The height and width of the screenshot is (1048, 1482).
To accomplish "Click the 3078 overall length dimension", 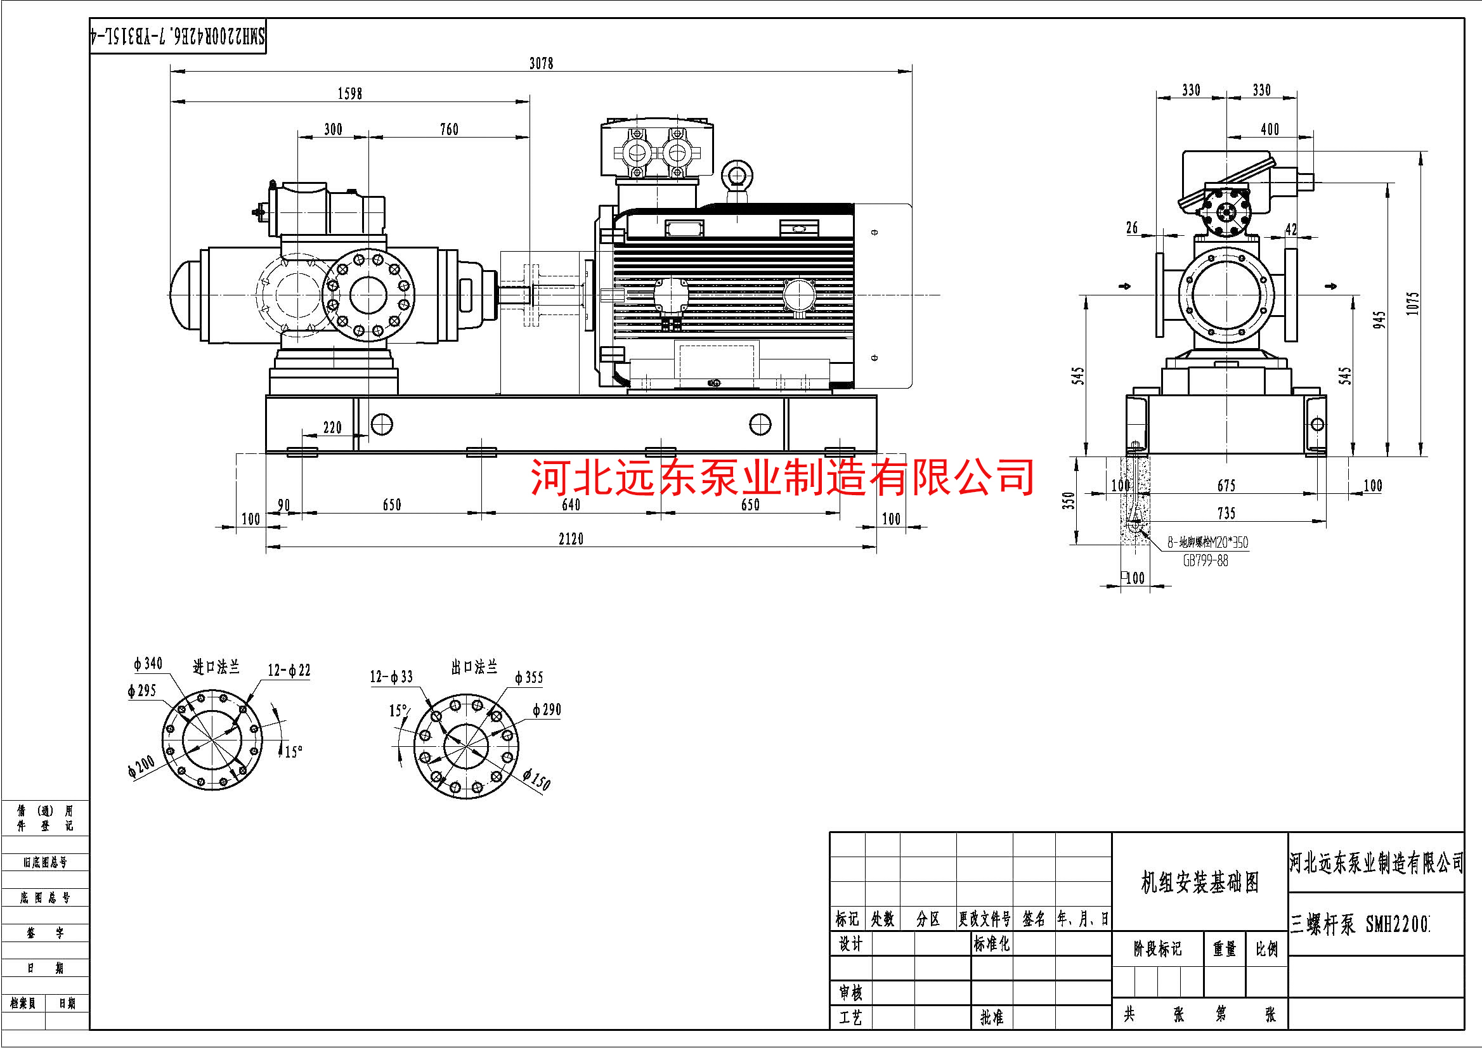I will point(541,63).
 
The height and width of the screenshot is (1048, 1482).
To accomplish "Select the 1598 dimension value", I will point(349,94).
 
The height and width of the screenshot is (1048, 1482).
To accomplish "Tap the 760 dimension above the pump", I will point(448,129).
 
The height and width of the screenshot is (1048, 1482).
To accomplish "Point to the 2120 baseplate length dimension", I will point(571,538).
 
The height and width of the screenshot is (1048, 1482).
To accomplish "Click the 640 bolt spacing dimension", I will point(571,505).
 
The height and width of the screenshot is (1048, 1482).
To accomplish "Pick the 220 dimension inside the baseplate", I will point(332,427).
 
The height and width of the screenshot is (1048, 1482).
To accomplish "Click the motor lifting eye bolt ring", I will point(736,174).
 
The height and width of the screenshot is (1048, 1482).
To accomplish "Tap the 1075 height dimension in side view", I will point(1413,303).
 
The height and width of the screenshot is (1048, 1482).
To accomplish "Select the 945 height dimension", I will point(1379,320).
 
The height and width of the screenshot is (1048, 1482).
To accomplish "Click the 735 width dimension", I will point(1226,513).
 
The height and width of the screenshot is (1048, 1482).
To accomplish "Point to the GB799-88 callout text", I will point(1205,561).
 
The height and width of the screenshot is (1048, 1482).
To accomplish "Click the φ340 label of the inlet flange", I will point(148,663).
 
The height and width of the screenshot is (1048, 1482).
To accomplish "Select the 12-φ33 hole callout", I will point(391,676).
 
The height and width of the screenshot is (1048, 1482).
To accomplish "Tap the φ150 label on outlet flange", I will point(537,780).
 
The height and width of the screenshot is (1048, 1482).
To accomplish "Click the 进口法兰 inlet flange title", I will point(216,666).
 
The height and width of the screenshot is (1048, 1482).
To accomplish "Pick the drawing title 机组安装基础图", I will point(1199,882).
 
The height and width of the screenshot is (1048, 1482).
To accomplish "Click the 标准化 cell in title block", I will point(991,944).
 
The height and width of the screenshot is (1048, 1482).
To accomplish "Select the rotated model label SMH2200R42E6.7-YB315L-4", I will point(178,36).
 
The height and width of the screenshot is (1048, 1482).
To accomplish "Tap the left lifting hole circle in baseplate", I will point(382,424).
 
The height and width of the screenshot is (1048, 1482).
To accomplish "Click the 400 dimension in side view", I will point(1269,129).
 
